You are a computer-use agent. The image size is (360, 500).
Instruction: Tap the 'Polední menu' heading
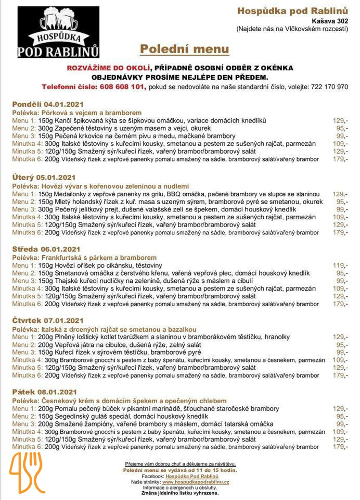coord(184,49)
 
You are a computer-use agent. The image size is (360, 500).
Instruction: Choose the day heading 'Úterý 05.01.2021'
coord(45,178)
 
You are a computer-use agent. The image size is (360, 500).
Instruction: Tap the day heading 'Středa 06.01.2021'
coord(46,249)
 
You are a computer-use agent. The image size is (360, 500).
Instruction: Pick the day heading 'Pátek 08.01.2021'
coord(45,392)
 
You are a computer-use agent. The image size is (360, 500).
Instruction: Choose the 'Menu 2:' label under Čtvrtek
coord(23,344)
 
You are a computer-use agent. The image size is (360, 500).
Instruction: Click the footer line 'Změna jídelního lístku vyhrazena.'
coord(180,493)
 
